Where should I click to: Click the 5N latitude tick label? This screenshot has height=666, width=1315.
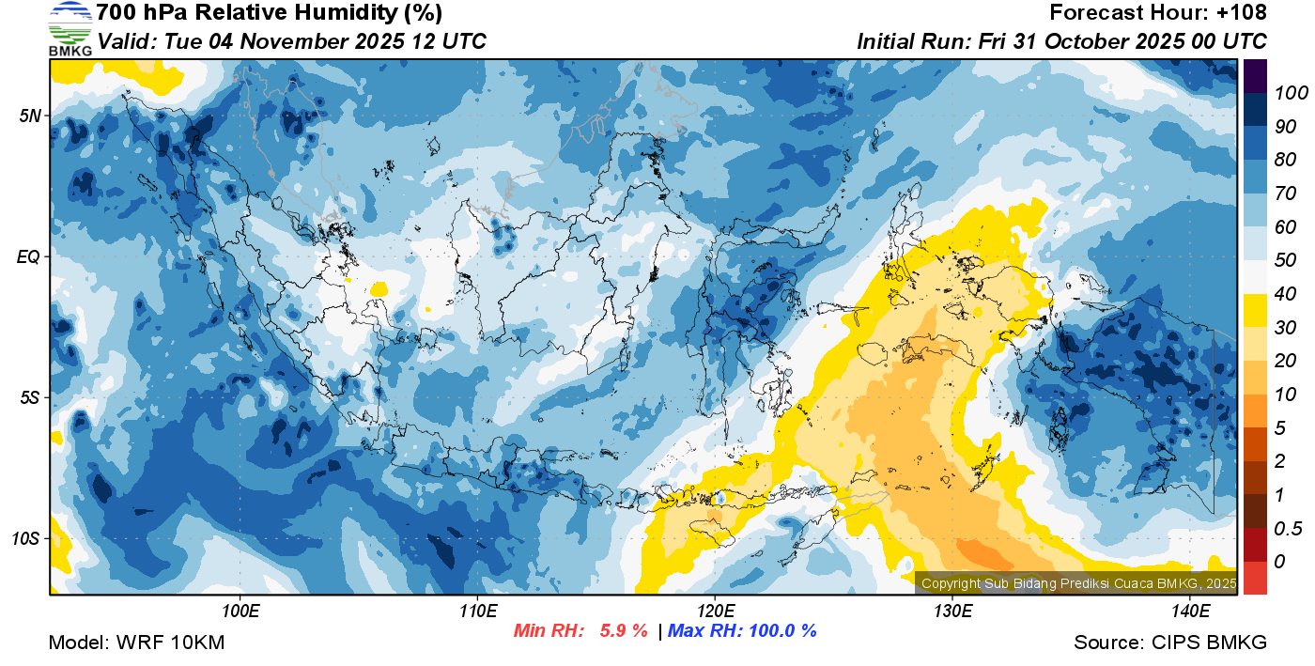[30, 116]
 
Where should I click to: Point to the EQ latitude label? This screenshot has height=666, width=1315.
[30, 256]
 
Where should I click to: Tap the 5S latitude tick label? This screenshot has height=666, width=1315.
[30, 397]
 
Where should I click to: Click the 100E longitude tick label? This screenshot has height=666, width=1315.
[240, 612]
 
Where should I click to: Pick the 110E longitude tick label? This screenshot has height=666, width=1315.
[478, 612]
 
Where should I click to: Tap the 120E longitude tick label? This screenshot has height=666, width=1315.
[715, 612]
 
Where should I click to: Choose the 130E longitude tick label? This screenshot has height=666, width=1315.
[952, 612]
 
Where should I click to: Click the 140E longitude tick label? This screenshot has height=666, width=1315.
[1190, 612]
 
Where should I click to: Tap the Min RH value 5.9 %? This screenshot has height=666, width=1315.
[624, 631]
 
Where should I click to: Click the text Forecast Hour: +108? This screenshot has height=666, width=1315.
[1158, 13]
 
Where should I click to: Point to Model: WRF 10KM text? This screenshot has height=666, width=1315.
[136, 643]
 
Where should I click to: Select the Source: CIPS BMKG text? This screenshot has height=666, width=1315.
[1170, 643]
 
